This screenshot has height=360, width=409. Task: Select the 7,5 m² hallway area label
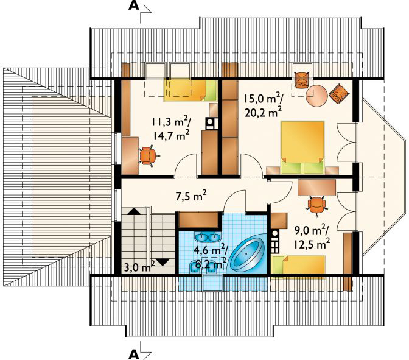point(191,196)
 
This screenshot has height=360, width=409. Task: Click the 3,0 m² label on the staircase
point(139,267)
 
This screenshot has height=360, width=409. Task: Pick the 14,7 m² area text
point(171,135)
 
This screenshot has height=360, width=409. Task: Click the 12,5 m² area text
point(312,244)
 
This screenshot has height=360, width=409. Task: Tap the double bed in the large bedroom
point(302,147)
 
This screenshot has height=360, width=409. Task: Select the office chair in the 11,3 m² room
point(148,156)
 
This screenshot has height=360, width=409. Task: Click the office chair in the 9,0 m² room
point(316,205)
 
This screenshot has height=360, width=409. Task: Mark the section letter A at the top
point(133,6)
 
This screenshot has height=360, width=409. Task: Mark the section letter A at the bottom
point(133,355)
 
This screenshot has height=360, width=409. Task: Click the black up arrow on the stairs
point(134,211)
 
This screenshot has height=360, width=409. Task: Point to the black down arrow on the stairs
point(163,262)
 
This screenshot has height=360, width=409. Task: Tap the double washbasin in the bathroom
point(208,237)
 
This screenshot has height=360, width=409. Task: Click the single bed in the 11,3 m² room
point(191,90)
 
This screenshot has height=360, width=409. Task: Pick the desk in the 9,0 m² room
point(316,187)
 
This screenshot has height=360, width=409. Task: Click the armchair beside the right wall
point(338,93)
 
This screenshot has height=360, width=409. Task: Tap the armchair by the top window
point(301,80)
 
